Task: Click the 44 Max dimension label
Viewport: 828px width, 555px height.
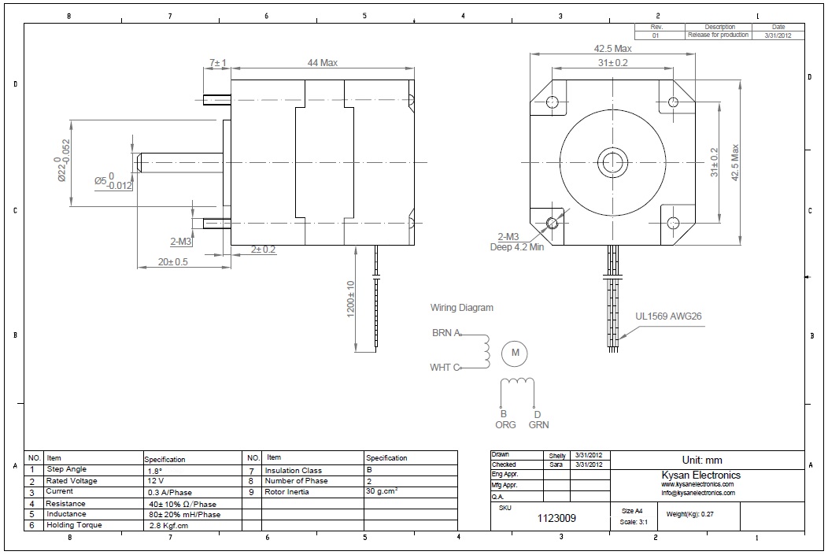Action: [322, 63]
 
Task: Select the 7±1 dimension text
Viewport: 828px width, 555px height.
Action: [217, 63]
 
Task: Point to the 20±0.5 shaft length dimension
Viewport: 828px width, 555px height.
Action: [172, 262]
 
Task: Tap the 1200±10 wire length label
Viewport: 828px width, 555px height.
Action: [350, 299]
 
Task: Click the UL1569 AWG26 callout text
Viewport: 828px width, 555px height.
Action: [668, 316]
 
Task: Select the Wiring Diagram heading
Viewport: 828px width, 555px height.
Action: [461, 307]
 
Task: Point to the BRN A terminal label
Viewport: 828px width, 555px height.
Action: [446, 333]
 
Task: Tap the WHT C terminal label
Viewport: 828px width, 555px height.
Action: [445, 368]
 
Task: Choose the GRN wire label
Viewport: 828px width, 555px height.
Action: [538, 424]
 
